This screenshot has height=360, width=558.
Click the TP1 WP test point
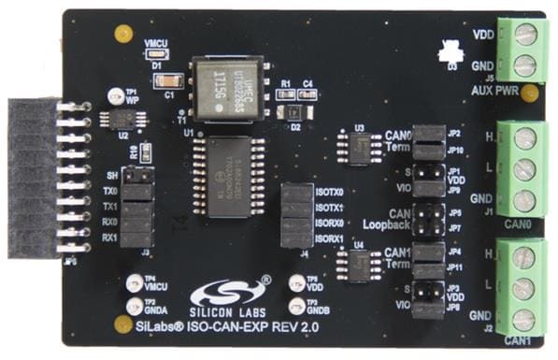[x=119, y=95]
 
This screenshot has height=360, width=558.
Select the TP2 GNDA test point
[x=136, y=305]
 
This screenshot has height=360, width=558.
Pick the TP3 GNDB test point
[x=298, y=305]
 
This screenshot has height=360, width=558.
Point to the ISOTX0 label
[x=330, y=191]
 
